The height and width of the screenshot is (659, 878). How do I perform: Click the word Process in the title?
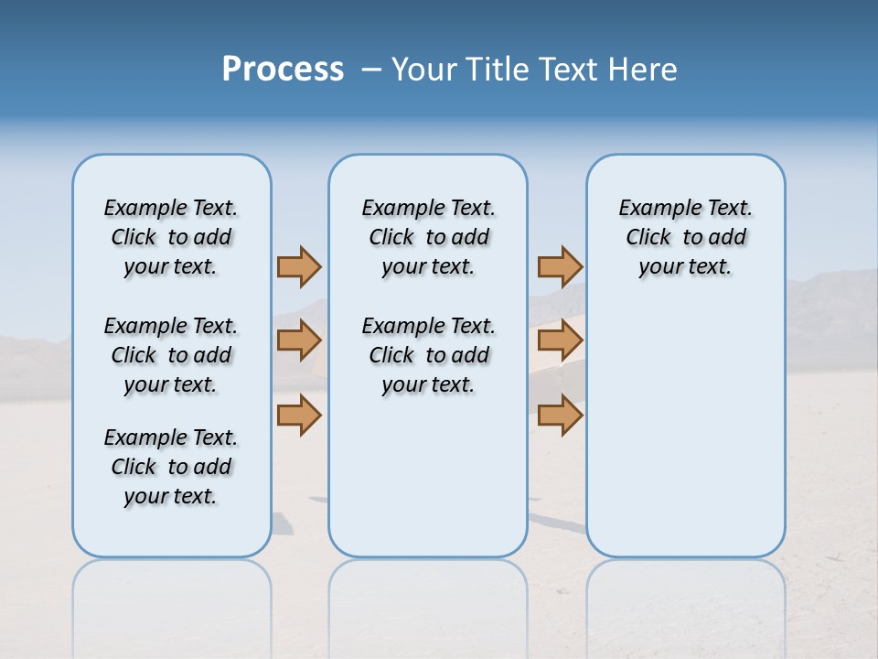[283, 70]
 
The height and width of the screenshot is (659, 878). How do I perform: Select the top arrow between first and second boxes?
[299, 266]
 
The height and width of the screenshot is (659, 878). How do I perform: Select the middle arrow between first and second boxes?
[299, 340]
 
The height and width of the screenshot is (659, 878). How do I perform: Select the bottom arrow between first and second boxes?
[299, 415]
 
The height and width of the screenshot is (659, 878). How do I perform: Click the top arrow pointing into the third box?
[560, 266]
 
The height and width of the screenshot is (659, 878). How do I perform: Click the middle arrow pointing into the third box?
[560, 340]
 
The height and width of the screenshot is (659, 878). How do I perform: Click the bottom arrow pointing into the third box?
[560, 415]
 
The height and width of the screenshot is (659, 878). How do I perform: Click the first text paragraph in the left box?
[171, 237]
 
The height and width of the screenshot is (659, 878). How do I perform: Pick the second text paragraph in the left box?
[171, 355]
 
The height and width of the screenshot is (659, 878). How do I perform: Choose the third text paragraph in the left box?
[171, 467]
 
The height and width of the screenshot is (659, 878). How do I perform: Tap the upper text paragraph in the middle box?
[428, 237]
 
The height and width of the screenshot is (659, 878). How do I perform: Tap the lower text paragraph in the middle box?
[428, 355]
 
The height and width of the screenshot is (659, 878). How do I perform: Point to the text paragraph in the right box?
[685, 237]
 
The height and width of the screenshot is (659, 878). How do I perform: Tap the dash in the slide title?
[371, 70]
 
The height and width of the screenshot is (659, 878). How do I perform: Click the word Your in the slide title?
[423, 70]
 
